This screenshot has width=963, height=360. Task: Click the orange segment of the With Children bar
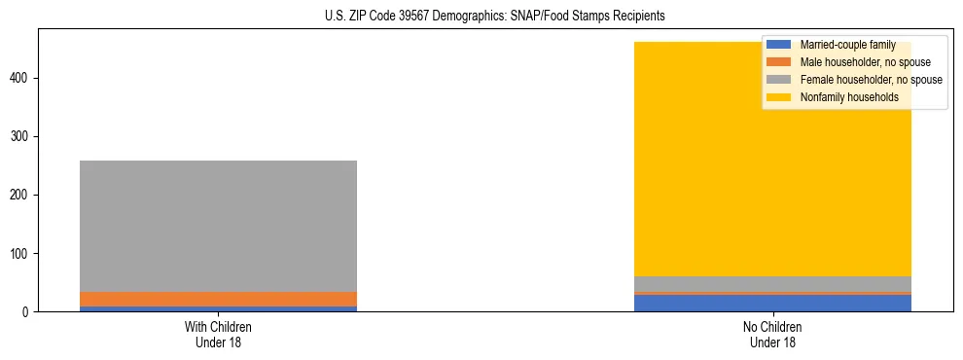[218, 299]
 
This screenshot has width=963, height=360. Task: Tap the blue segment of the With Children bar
[218, 308]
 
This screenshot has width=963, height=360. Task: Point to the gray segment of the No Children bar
[772, 283]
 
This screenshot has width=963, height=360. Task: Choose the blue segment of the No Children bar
[772, 303]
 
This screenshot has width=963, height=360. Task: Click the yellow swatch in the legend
[779, 97]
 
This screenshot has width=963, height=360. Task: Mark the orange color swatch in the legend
[779, 62]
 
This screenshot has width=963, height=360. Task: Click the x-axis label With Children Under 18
[218, 334]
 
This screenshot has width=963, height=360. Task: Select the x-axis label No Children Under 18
[772, 334]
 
